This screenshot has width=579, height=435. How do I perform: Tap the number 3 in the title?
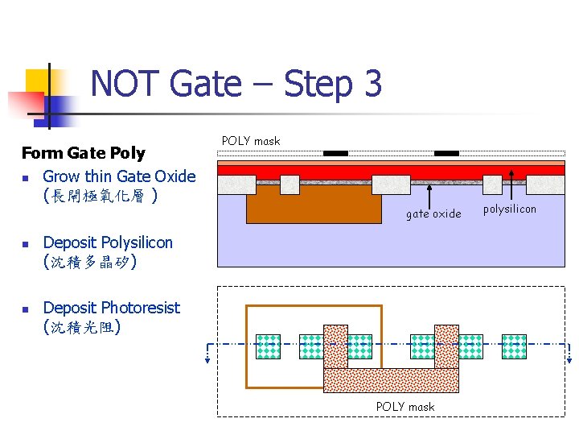372,84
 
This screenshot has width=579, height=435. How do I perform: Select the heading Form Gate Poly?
83,153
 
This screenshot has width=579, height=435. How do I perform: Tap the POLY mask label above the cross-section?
251,141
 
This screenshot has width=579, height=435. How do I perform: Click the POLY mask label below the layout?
405,407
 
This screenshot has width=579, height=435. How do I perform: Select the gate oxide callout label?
433,214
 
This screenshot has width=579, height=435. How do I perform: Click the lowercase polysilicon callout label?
510,209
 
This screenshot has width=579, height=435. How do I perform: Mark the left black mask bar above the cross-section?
335,153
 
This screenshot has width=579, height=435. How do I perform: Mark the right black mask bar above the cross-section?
446,153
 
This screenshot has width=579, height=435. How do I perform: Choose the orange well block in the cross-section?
314,208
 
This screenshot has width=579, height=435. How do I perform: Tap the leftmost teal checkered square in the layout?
266,346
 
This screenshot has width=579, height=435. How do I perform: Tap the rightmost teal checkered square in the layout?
514,346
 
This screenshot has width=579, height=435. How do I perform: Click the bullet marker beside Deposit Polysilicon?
27,243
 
